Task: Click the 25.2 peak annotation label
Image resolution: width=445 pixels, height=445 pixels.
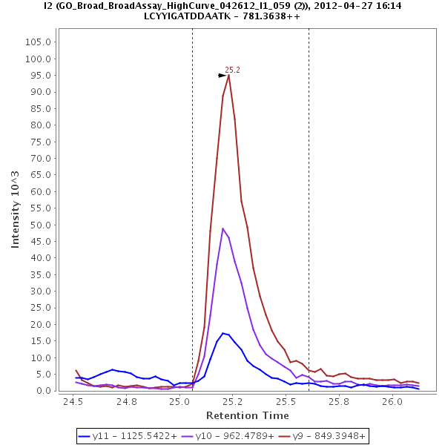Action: (232, 70)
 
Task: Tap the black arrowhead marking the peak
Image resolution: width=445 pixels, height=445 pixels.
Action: (222, 75)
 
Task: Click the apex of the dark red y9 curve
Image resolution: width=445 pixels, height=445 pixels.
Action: (228, 74)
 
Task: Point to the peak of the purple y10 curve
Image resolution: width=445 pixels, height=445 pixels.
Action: (222, 228)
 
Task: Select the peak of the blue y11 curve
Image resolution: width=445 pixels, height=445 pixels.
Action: (222, 333)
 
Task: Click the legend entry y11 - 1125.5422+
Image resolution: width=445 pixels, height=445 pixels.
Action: (128, 436)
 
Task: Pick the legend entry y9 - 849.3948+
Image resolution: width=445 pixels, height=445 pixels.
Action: (319, 436)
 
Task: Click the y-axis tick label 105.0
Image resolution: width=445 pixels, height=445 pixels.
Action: (36, 42)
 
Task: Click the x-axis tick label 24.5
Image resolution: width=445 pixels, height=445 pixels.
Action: (73, 402)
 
